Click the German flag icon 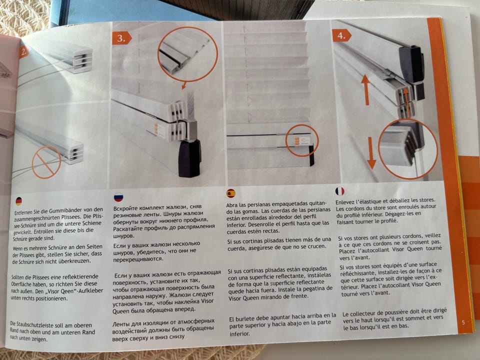(x=18, y=201)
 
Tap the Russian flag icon (x=118, y=197)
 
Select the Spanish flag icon (x=231, y=193)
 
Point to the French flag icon (x=340, y=191)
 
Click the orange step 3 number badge (x=121, y=38)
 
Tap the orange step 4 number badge (x=341, y=36)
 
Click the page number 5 (x=463, y=322)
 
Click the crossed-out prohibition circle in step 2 (x=46, y=162)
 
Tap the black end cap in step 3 (x=189, y=158)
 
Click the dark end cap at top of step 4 (x=411, y=64)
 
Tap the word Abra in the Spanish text (x=231, y=205)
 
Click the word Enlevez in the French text (x=345, y=202)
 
